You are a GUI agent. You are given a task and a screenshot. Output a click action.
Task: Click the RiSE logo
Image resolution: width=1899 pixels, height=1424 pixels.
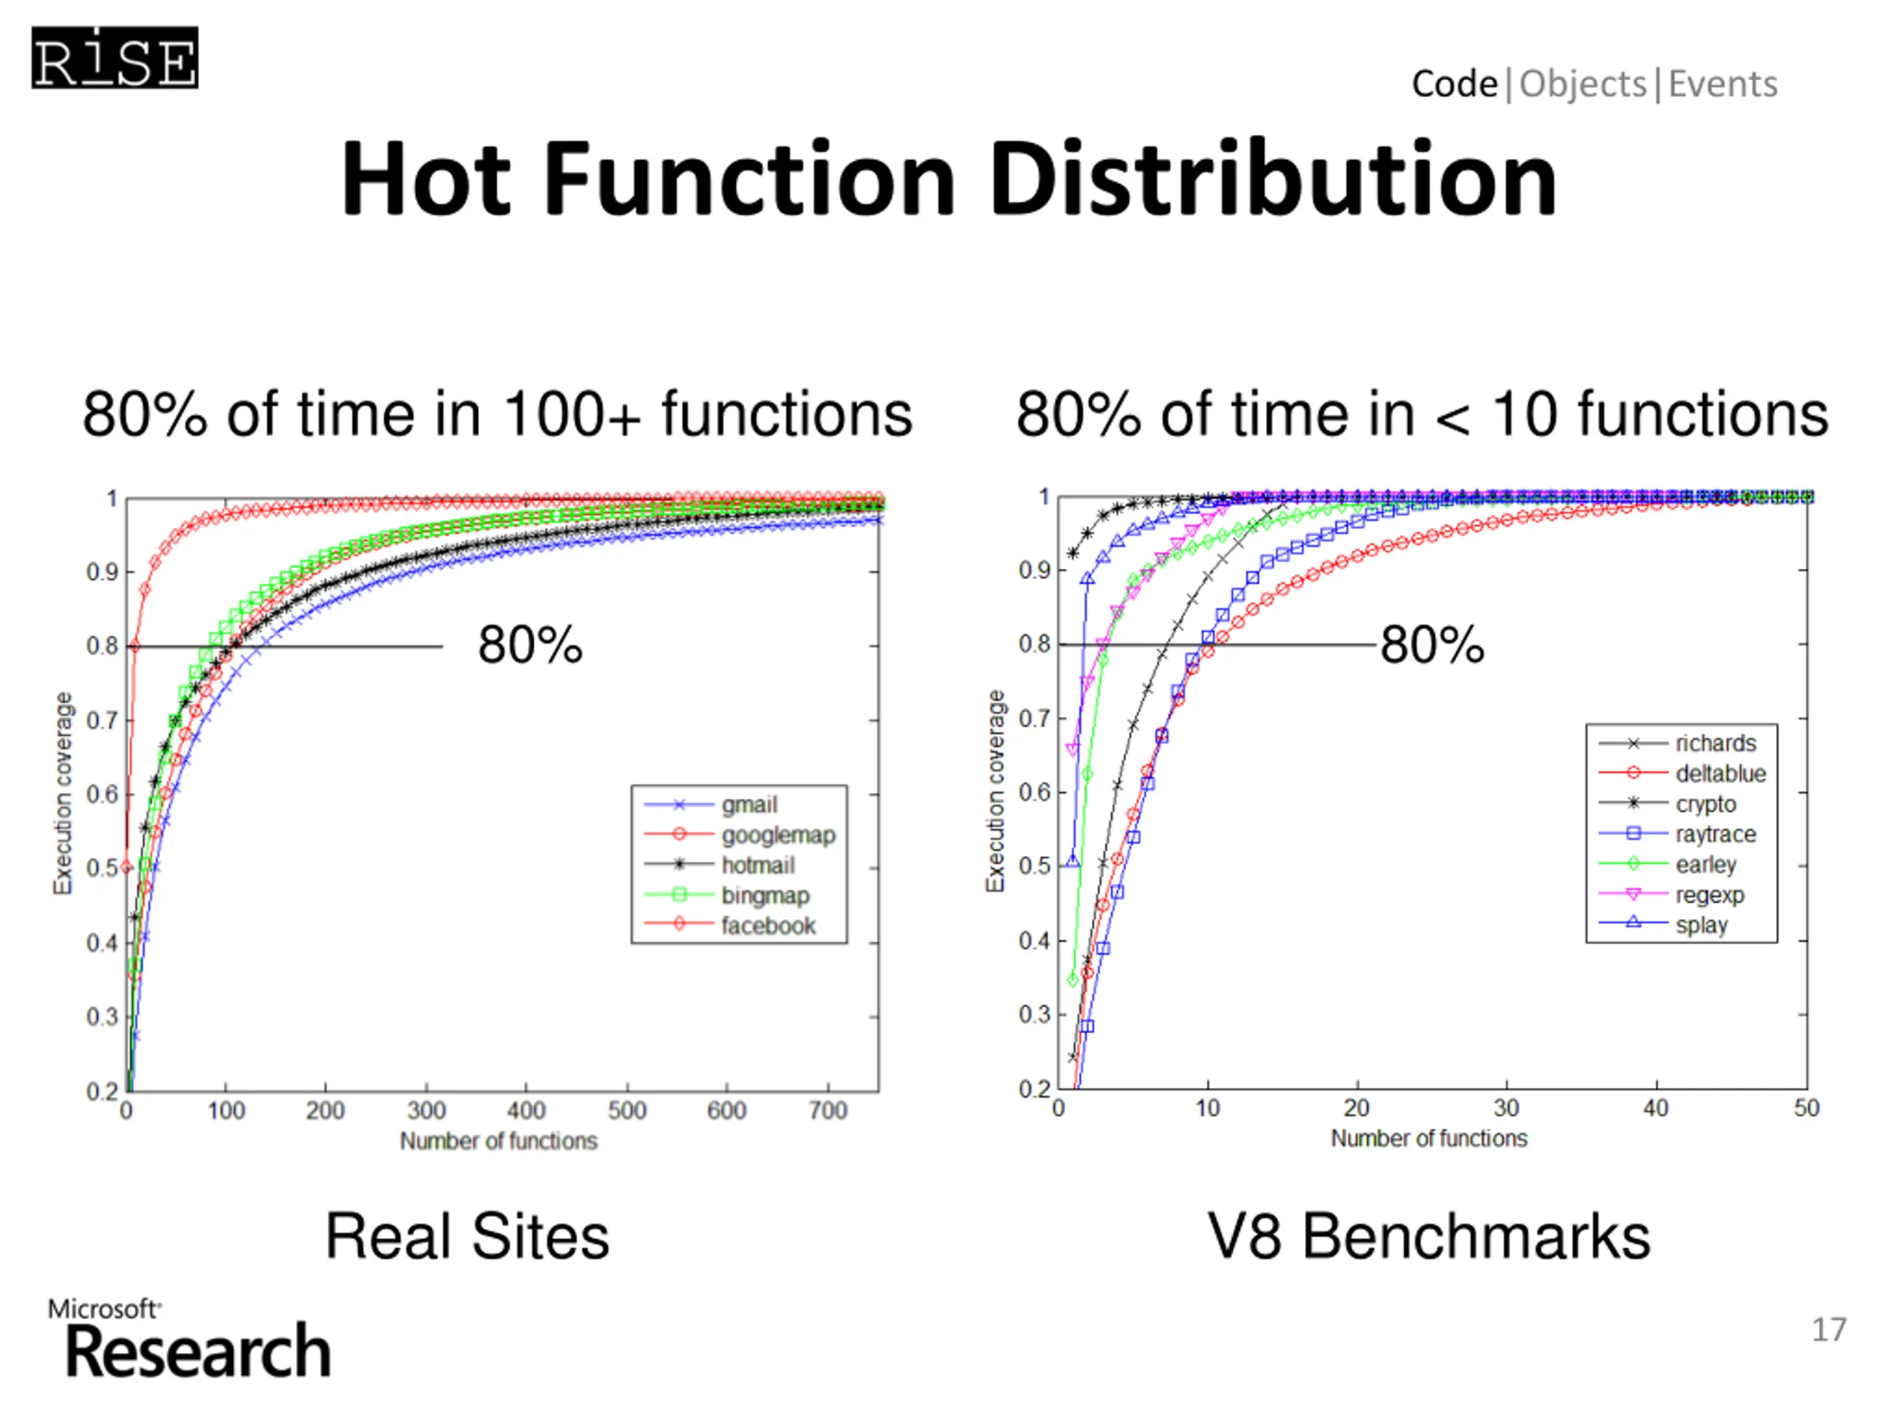(x=115, y=59)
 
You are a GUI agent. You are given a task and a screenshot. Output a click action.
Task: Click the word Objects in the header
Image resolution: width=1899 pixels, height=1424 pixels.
(x=1582, y=84)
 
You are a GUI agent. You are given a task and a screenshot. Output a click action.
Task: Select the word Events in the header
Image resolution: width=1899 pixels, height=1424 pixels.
(x=1722, y=84)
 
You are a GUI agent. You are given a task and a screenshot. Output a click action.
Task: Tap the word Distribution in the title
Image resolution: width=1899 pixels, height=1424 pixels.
(x=1273, y=179)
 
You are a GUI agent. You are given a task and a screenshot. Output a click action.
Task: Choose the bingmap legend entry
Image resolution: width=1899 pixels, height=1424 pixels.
(x=765, y=895)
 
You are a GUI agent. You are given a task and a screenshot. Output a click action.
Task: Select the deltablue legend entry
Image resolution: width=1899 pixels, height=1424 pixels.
(x=1719, y=774)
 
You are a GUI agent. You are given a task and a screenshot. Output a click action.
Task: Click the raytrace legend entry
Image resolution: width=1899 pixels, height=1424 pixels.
(x=1714, y=834)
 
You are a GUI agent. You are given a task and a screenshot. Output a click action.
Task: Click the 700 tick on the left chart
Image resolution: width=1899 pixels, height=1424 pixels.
(x=828, y=1111)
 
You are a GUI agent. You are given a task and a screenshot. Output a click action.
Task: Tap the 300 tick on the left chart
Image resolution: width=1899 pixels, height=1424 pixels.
(x=426, y=1111)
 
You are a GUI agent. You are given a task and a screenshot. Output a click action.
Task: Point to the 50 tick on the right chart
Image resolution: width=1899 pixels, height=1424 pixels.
(x=1806, y=1108)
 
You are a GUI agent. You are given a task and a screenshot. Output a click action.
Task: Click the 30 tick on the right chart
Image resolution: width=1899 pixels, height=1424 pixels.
(x=1507, y=1108)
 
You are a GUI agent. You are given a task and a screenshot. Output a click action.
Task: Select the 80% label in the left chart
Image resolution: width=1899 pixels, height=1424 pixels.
(x=530, y=645)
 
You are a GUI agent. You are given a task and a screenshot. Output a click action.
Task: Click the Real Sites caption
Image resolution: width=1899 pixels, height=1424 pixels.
(x=467, y=1237)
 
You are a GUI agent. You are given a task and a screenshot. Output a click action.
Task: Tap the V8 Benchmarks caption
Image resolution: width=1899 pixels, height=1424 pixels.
(x=1429, y=1237)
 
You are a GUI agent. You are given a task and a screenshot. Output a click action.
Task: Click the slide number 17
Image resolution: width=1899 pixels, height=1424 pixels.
(x=1829, y=1330)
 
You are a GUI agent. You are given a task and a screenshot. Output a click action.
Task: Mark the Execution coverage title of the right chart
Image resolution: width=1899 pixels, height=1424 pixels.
(x=995, y=791)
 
